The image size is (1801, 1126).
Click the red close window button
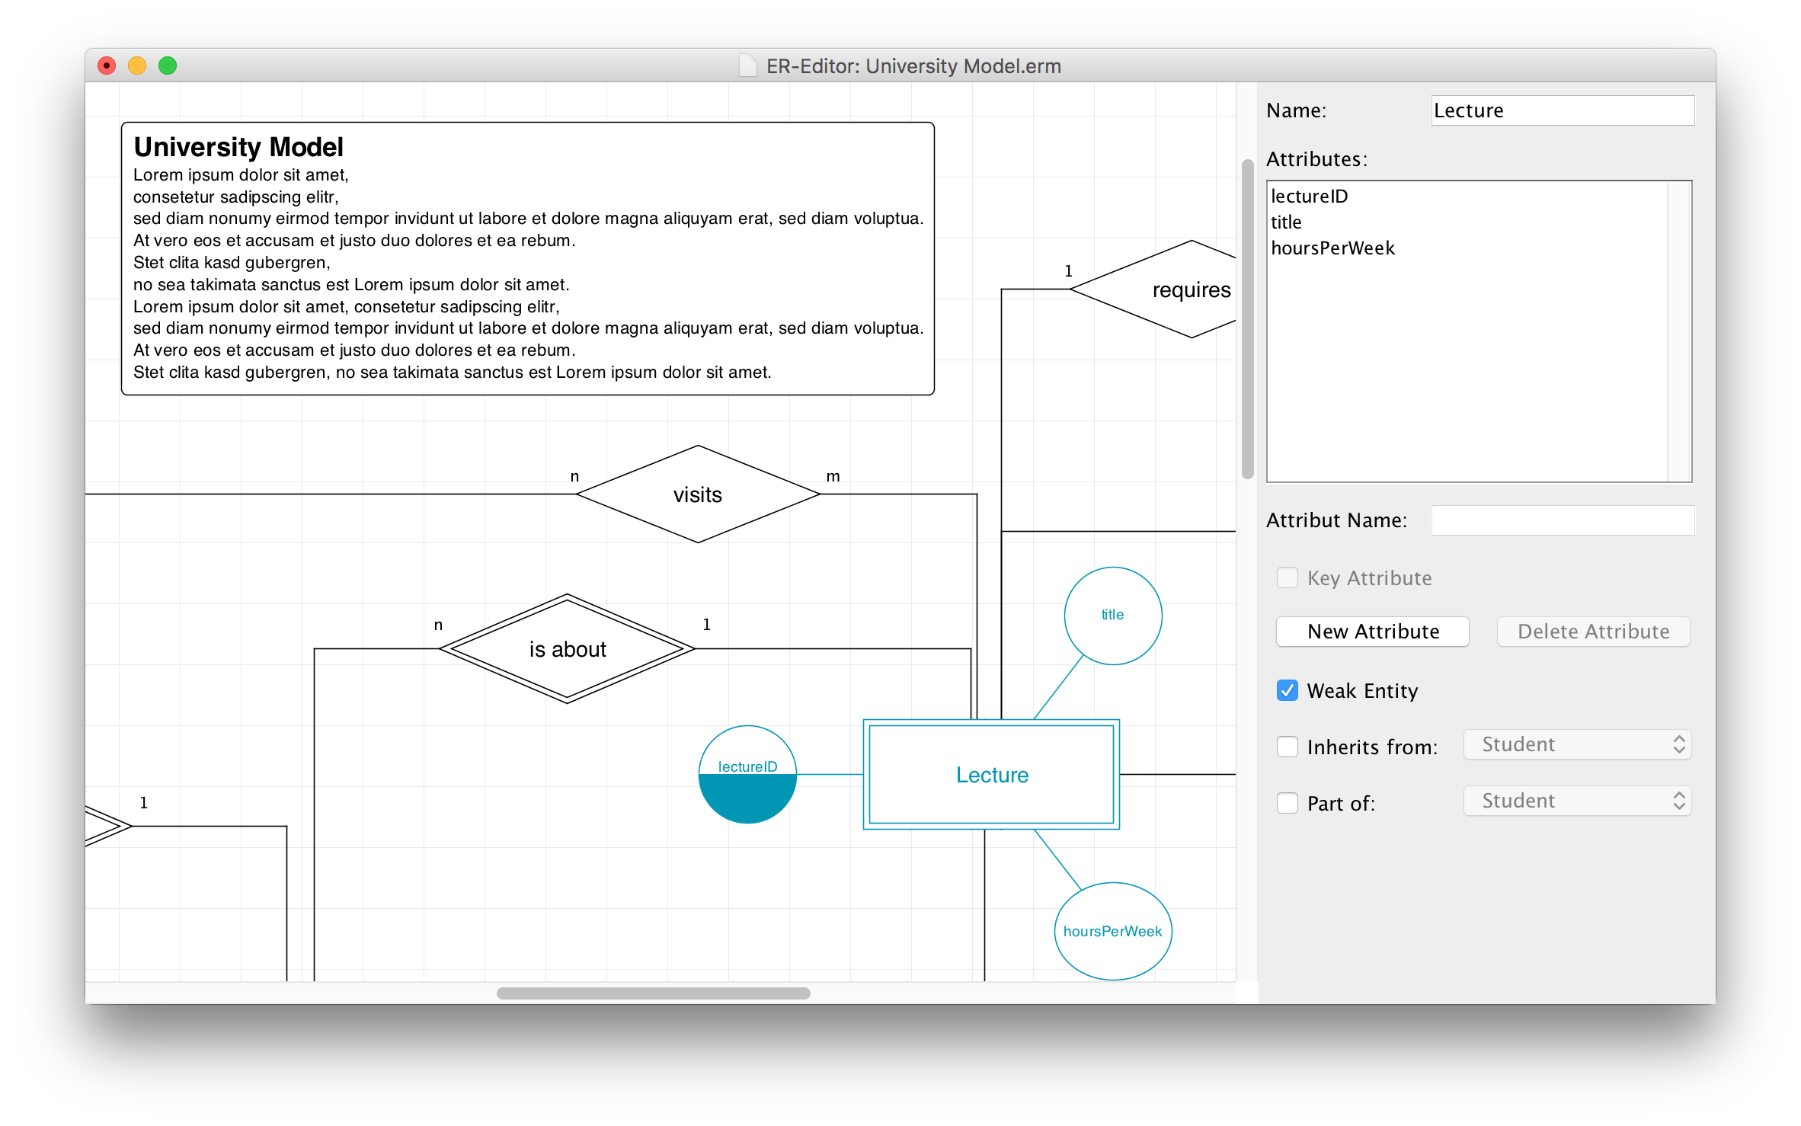click(107, 66)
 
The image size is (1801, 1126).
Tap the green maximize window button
click(168, 66)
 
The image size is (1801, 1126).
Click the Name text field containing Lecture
click(1562, 110)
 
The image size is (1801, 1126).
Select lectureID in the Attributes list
click(1309, 197)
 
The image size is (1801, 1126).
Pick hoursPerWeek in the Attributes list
click(1332, 248)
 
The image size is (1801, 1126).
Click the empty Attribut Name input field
click(1562, 520)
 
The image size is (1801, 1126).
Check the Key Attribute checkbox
click(1287, 578)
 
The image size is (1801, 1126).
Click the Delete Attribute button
click(1593, 632)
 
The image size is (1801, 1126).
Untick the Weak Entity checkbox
click(1287, 690)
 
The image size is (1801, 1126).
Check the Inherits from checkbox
click(1287, 747)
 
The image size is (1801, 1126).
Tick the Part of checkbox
click(1287, 803)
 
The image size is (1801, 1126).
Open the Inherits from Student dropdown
click(1577, 744)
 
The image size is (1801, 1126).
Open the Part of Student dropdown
click(1577, 801)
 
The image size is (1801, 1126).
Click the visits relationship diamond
click(698, 494)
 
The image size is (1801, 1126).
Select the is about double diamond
click(568, 649)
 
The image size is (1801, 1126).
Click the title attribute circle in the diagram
click(1113, 616)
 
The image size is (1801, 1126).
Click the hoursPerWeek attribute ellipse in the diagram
click(1113, 931)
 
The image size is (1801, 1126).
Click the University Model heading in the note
click(238, 147)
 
